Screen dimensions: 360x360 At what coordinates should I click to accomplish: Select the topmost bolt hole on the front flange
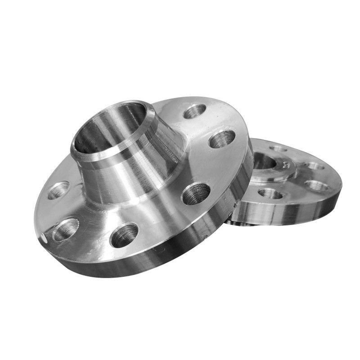tap(195, 111)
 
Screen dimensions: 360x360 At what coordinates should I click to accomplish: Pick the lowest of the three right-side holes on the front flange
tap(196, 193)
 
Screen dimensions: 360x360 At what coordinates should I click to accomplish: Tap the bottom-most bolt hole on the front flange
tap(124, 234)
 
